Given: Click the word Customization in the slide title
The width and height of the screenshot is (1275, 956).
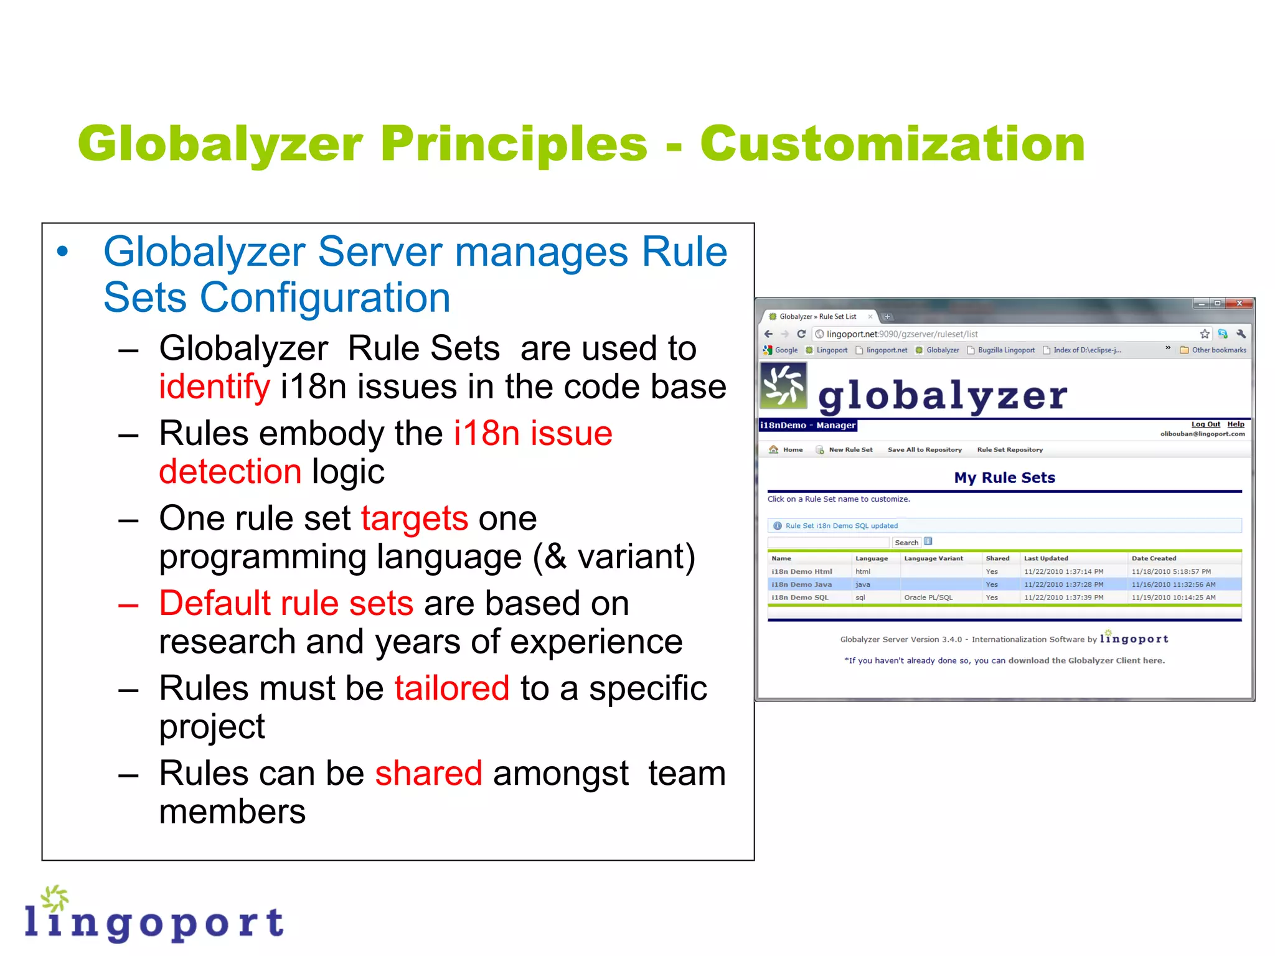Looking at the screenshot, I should tap(892, 144).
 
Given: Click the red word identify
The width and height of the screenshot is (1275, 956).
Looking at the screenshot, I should tap(214, 387).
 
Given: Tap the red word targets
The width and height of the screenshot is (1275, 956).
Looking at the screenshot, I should tap(414, 518).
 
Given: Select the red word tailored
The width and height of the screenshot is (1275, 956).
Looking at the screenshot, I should tap(451, 688).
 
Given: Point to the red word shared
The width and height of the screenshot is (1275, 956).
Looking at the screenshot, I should tap(428, 773).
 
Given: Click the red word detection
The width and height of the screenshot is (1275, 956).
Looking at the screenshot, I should tap(230, 471).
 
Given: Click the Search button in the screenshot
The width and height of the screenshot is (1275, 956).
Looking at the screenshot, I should tap(906, 543).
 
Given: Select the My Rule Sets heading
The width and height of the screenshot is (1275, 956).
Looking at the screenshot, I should tap(1004, 477).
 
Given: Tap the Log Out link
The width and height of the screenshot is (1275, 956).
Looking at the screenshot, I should tap(1205, 424).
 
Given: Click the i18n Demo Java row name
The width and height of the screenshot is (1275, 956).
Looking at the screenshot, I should tap(801, 584).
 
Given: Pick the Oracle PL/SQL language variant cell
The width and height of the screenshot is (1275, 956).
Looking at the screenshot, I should tap(928, 597).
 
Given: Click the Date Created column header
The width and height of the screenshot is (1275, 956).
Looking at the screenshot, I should tap(1154, 558).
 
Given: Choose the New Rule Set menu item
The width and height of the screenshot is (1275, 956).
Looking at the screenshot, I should tap(850, 449).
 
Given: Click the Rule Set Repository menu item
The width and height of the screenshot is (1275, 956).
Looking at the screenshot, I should tap(1009, 449).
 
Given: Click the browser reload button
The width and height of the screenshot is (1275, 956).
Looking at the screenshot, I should tap(801, 334).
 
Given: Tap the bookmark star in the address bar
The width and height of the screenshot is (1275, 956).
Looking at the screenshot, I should tap(1205, 334).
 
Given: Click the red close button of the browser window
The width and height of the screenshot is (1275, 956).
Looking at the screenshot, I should tap(1239, 304).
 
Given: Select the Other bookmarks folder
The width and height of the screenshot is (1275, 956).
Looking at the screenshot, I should tap(1213, 350).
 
